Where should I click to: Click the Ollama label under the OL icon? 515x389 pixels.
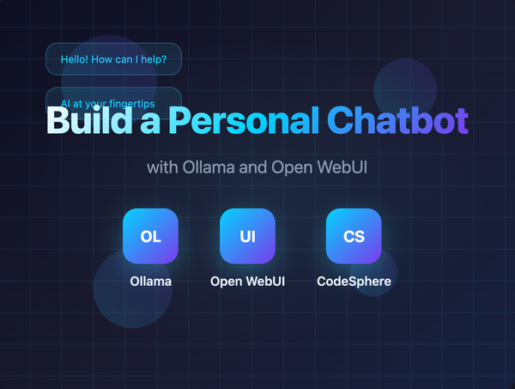click(x=150, y=281)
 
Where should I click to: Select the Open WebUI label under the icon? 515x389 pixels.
click(x=247, y=281)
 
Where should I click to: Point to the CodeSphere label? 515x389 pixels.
click(x=354, y=281)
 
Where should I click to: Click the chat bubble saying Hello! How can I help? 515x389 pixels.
click(x=113, y=60)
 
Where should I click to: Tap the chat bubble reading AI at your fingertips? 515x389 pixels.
click(x=113, y=98)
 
